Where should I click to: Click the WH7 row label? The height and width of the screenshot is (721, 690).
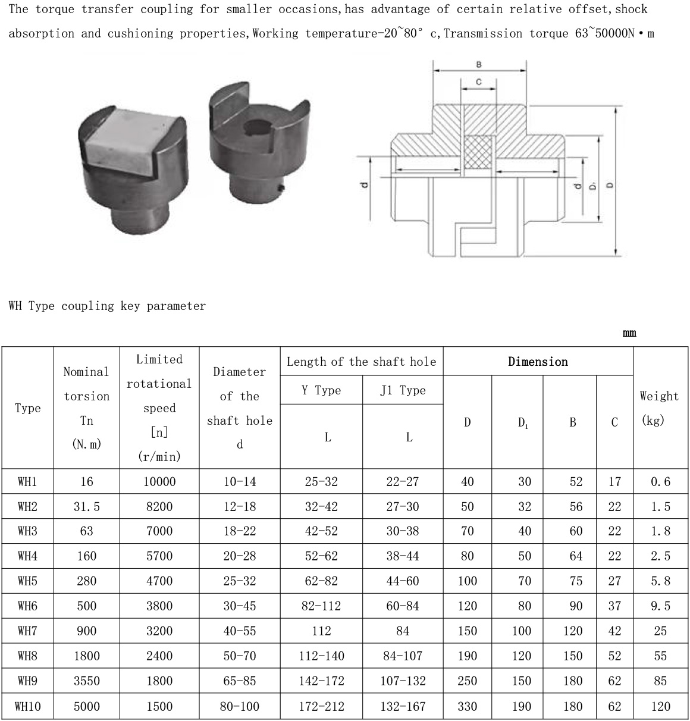click(x=27, y=631)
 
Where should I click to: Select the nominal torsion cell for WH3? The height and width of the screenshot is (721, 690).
click(x=87, y=531)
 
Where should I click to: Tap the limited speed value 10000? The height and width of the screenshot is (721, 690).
click(x=159, y=481)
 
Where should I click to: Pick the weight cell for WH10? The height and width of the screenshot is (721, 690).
click(x=660, y=706)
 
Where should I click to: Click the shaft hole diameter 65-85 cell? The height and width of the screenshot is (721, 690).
click(x=240, y=681)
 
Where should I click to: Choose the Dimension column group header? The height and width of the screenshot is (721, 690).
click(x=538, y=362)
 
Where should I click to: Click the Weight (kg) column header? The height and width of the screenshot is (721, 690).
click(x=659, y=408)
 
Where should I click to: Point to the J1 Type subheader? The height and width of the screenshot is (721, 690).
click(x=403, y=390)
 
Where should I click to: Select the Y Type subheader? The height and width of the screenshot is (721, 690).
click(x=321, y=390)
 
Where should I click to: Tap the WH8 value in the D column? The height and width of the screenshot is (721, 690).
click(x=468, y=656)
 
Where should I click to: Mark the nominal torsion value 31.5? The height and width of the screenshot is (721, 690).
click(x=87, y=506)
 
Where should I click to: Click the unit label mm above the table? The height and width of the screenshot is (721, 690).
click(x=629, y=333)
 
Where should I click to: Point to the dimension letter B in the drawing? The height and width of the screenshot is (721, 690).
click(x=479, y=64)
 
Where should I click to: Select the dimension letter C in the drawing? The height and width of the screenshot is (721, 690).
click(x=478, y=81)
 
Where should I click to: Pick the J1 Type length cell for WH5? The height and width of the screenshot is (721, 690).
click(x=403, y=581)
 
